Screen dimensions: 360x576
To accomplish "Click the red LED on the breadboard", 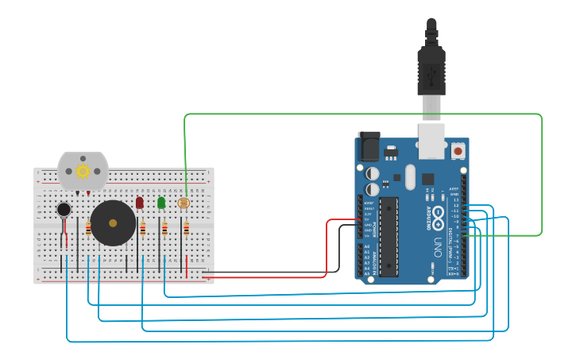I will [140, 203].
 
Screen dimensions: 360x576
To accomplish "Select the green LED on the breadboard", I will [161, 203].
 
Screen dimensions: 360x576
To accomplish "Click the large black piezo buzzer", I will [112, 223].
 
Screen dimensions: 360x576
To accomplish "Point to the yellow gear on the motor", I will [82, 171].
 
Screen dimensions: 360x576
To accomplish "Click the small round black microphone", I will [64, 210].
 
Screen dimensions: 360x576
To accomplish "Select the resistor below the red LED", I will [143, 230].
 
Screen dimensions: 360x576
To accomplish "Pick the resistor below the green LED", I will [164, 230].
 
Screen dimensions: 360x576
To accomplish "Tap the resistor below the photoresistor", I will [186, 230].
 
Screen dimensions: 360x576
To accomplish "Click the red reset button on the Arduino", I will [458, 150].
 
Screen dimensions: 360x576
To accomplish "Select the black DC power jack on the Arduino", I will [369, 148].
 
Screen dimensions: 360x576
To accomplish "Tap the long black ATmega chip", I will [389, 237].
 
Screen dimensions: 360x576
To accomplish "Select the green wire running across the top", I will [358, 114].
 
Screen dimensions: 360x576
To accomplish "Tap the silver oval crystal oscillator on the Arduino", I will [410, 176].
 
